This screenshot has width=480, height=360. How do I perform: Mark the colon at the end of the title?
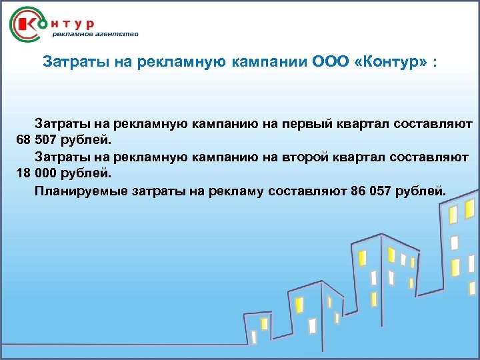click(x=435, y=63)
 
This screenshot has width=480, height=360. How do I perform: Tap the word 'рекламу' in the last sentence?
click(x=239, y=192)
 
